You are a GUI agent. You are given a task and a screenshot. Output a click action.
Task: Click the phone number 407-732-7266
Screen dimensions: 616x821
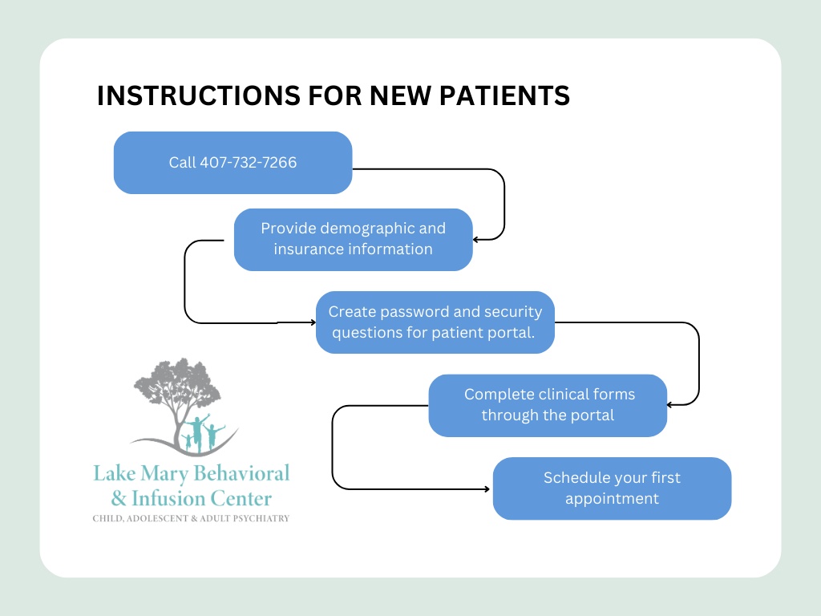pos(247,163)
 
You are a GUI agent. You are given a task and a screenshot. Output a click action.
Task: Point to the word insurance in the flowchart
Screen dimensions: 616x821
pos(309,249)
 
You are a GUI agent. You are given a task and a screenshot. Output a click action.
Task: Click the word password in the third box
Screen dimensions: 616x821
pos(428,312)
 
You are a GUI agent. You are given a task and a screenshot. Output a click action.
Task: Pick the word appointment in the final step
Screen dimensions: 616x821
pos(612,499)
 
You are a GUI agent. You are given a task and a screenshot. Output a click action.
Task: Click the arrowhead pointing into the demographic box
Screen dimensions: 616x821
pos(476,239)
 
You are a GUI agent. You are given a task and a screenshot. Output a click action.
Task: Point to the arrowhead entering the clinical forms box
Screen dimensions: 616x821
pos(670,405)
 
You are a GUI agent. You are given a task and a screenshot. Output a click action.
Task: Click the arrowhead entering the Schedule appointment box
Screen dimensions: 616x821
pos(488,488)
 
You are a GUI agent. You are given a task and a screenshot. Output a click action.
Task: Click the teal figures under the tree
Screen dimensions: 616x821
pos(200,433)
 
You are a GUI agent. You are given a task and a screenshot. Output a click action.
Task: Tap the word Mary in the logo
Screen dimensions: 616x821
pos(159,472)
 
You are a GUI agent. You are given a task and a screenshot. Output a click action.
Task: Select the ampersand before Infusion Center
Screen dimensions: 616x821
pos(119,499)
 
